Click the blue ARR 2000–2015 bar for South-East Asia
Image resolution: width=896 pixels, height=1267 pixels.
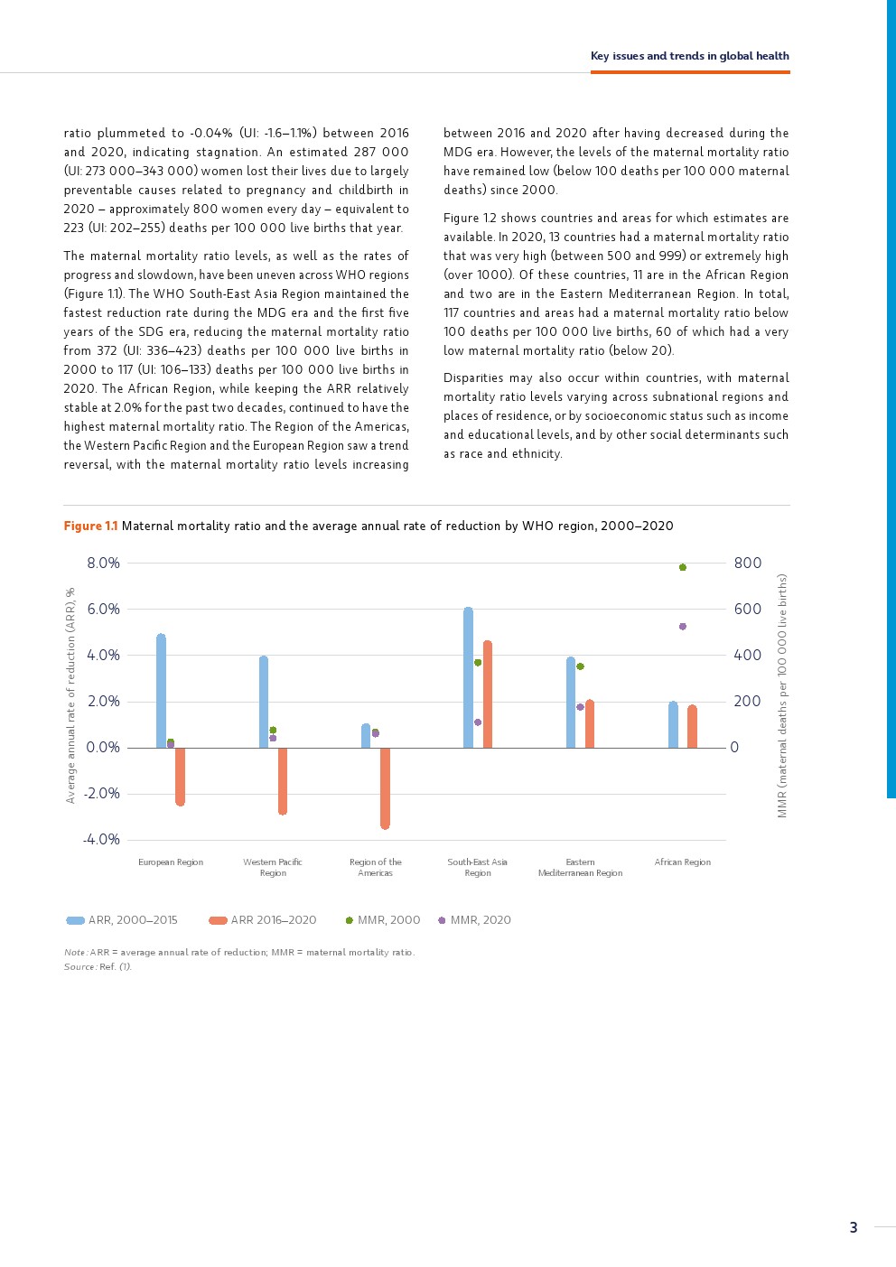coord(468,678)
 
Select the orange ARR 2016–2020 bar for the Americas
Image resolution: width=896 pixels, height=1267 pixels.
coord(385,787)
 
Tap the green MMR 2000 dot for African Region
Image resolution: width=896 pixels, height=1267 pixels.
coord(683,567)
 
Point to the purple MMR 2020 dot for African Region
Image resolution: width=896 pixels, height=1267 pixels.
coord(683,626)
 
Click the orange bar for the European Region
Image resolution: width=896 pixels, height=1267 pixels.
coord(180,776)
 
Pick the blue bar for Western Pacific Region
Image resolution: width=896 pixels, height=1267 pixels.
coord(264,703)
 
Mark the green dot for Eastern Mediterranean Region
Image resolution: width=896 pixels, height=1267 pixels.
coord(580,666)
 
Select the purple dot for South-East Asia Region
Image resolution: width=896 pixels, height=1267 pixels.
coord(478,722)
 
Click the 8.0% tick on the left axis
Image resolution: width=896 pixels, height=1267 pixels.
coord(103,563)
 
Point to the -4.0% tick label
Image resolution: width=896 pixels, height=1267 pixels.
coord(101,840)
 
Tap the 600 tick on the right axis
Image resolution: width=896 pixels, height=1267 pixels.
coord(748,609)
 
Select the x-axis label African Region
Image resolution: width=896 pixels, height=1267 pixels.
coord(683,862)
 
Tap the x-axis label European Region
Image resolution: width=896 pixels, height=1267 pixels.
coord(171,862)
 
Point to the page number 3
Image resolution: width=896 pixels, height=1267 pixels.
coord(854,1227)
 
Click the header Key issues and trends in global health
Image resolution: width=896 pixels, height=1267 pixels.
coord(690,56)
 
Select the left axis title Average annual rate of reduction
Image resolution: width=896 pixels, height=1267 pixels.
coord(70,695)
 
